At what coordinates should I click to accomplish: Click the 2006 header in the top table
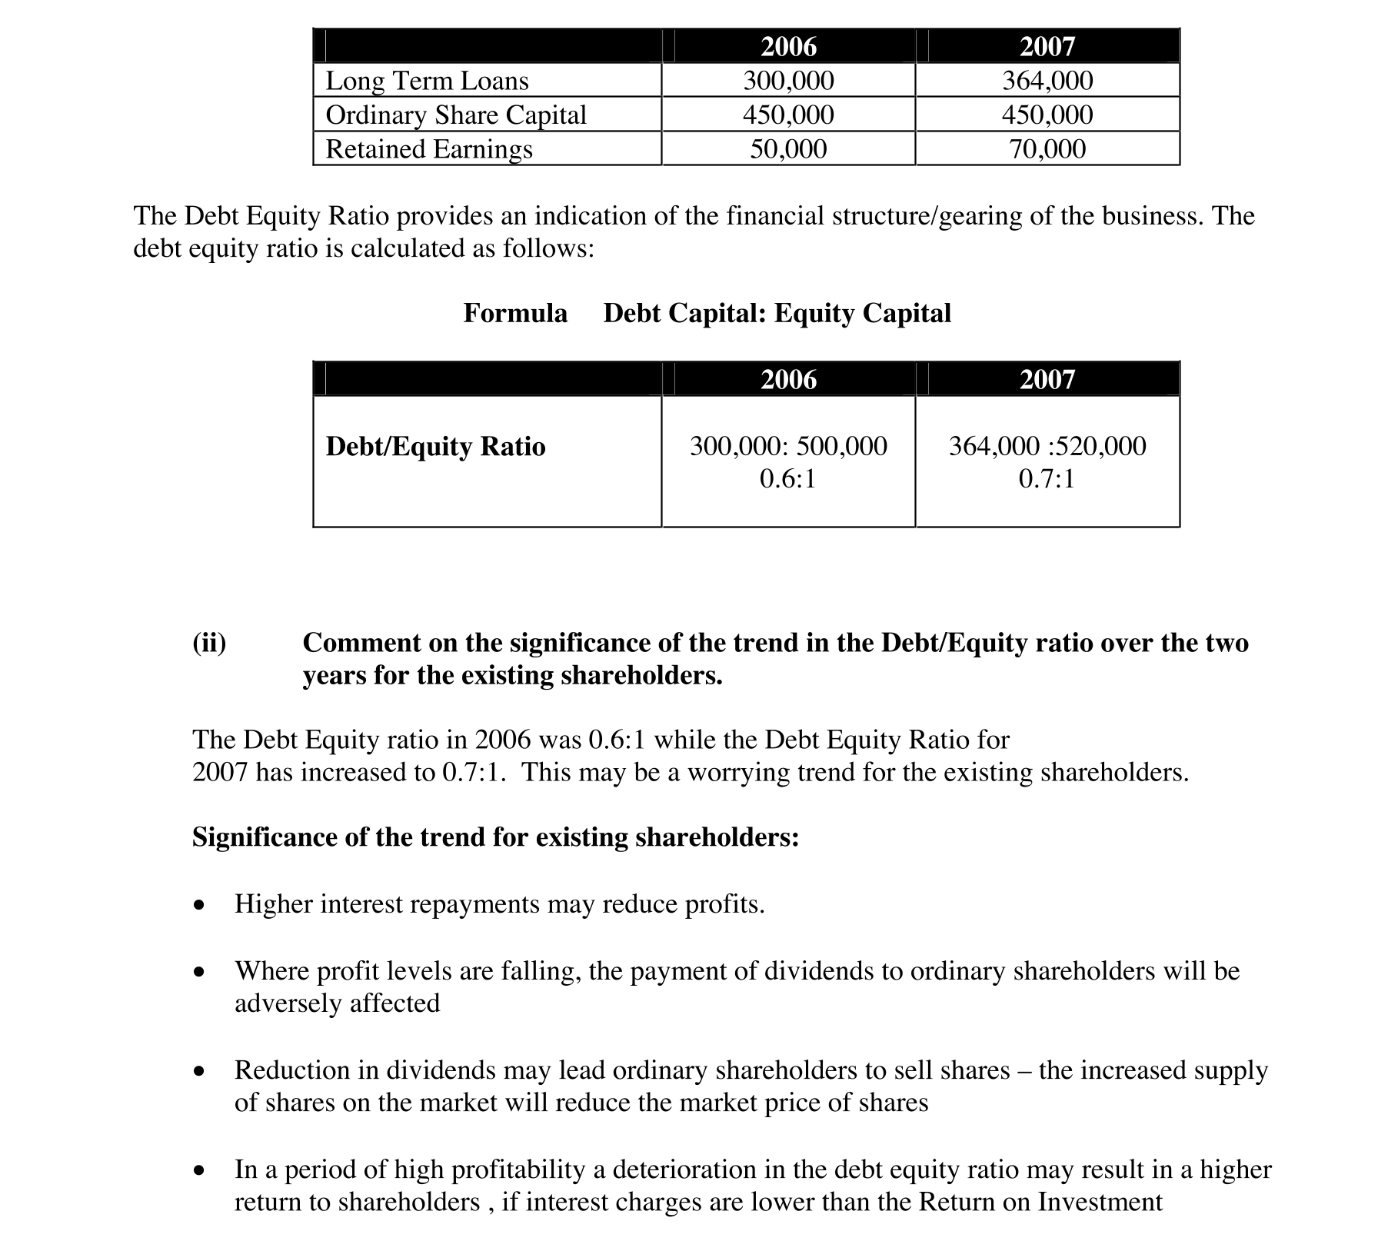pyautogui.click(x=788, y=47)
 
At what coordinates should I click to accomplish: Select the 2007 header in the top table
pyautogui.click(x=1047, y=47)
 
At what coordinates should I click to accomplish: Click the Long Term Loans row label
pyautogui.click(x=427, y=81)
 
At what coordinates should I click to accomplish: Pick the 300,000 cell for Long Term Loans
pyautogui.click(x=788, y=81)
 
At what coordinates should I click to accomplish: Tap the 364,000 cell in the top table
pyautogui.click(x=1047, y=81)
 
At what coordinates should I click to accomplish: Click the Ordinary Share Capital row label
pyautogui.click(x=456, y=115)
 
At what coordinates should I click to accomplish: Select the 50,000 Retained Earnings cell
pyautogui.click(x=788, y=148)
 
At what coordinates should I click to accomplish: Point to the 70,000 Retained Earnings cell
pyautogui.click(x=1047, y=148)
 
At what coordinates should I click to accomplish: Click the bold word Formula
pyautogui.click(x=515, y=313)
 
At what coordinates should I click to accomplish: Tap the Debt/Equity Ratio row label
pyautogui.click(x=435, y=446)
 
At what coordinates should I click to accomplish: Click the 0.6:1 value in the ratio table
pyautogui.click(x=787, y=479)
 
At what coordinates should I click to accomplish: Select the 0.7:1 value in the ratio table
pyautogui.click(x=1047, y=479)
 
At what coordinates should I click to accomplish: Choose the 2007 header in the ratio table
pyautogui.click(x=1047, y=379)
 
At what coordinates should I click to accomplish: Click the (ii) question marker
pyautogui.click(x=209, y=643)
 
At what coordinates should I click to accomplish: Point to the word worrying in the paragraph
pyautogui.click(x=737, y=772)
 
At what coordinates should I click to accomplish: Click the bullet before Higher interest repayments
pyautogui.click(x=200, y=905)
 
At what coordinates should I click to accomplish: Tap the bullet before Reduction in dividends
pyautogui.click(x=200, y=1071)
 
